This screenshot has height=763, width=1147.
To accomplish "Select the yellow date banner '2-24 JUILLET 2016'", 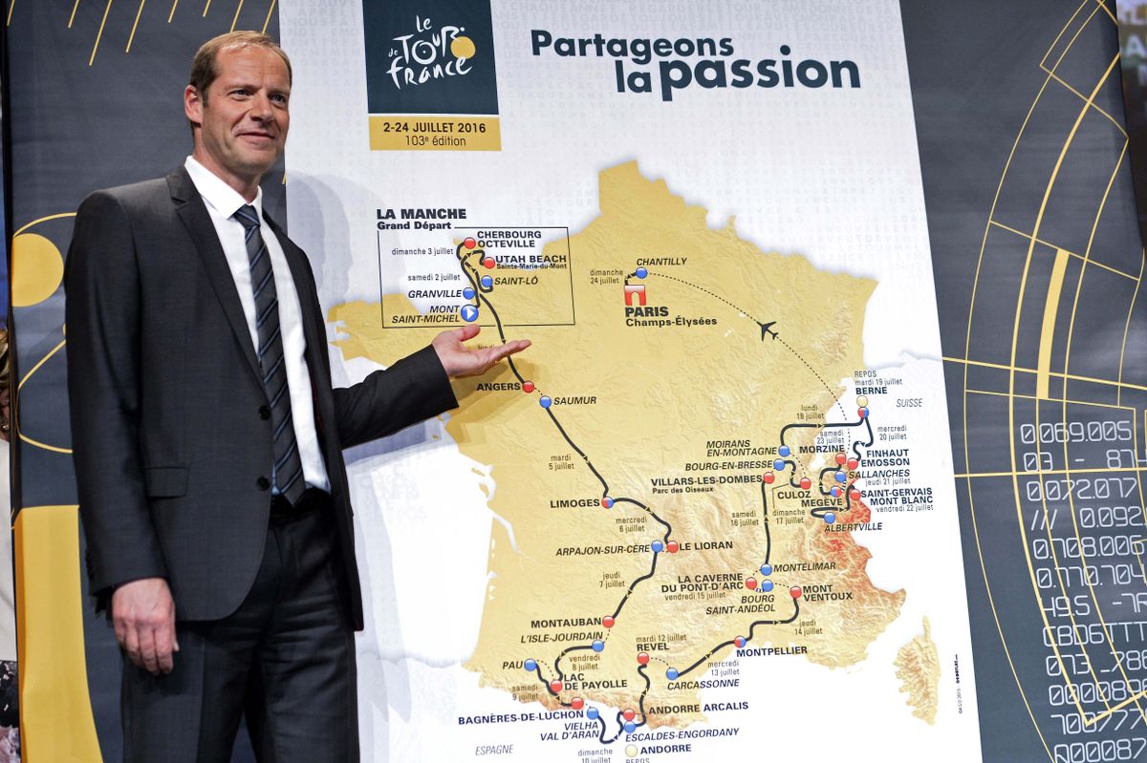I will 434,132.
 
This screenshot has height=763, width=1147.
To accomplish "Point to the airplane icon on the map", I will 767,329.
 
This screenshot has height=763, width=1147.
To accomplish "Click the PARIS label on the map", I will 648,310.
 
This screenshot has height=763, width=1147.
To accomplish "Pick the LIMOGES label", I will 574,502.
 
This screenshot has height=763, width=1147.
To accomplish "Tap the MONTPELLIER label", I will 771,651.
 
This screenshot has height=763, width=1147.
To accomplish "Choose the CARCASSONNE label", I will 702,683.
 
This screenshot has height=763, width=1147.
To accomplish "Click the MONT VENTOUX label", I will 827,592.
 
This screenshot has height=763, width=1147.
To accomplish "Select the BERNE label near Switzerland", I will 871,391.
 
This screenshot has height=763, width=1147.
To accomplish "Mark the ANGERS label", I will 498,387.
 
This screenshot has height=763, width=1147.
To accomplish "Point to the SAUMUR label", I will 574,401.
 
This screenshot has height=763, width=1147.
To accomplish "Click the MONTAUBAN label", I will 565,623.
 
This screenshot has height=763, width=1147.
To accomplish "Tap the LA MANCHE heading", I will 421,214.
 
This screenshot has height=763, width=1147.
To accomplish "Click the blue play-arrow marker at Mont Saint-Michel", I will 469,312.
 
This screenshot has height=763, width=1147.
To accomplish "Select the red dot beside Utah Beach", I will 488,262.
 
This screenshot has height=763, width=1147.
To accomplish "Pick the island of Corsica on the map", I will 919,668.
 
